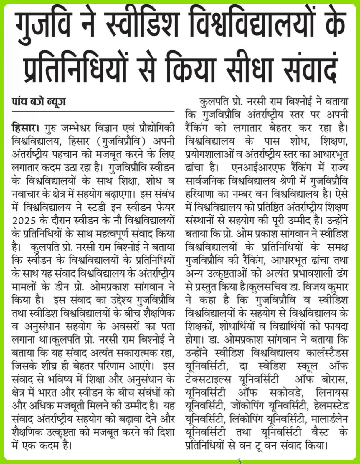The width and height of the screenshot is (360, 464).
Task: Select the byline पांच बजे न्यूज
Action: click(x=39, y=102)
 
